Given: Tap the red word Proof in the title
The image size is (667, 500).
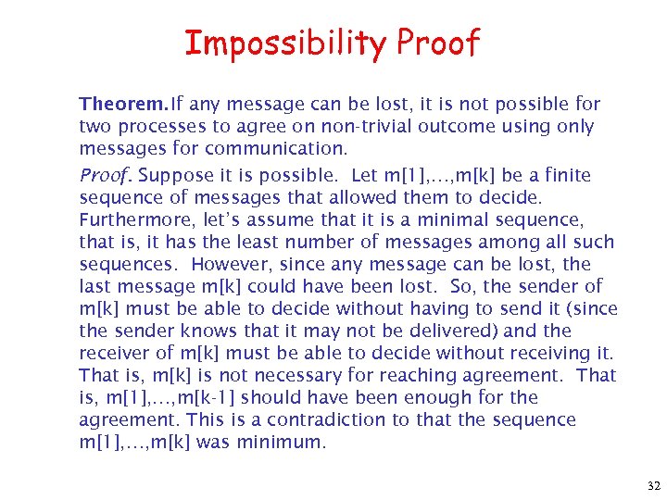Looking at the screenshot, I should pos(437,43).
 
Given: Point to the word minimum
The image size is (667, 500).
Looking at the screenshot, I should pos(283,442).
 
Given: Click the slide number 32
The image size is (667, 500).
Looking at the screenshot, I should pos(653,486).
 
